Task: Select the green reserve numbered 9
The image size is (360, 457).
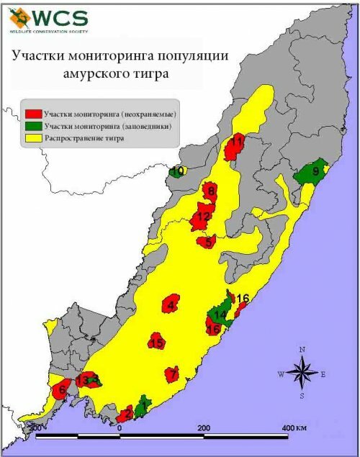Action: [x=313, y=173]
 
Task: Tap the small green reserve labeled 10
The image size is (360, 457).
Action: [x=177, y=171]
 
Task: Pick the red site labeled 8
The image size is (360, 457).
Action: [x=210, y=191]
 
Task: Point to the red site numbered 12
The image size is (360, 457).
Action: [x=202, y=216]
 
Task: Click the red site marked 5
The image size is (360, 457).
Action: [x=208, y=242]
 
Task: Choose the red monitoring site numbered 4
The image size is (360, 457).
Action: [x=171, y=304]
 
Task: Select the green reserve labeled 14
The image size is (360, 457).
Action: [x=220, y=315]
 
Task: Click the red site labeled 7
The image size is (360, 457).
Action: [x=171, y=374]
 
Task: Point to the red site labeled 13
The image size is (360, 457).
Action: [x=84, y=379]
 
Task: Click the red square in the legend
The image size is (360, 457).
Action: [x=32, y=114]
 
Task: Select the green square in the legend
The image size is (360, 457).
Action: [x=32, y=126]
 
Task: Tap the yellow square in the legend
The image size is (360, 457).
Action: [x=32, y=138]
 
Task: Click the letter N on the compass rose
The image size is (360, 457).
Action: [x=302, y=350]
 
